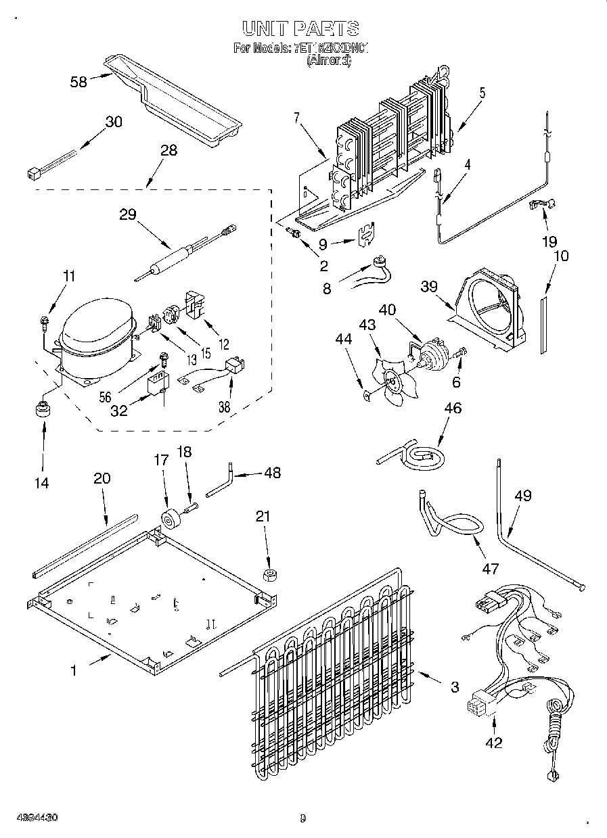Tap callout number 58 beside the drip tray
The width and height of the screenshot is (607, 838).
[x=79, y=82]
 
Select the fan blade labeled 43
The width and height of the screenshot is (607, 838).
[x=392, y=383]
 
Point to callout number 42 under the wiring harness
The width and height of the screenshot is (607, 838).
[x=494, y=743]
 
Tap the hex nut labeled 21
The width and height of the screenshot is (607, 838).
[x=269, y=576]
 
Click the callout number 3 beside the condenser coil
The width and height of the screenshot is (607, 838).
[x=454, y=687]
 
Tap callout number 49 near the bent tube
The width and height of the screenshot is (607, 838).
[x=522, y=496]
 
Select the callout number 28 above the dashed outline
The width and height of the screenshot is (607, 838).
[x=168, y=150]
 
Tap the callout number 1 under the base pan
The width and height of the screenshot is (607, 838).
[x=74, y=670]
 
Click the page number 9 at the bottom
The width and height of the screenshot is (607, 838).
[x=302, y=818]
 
